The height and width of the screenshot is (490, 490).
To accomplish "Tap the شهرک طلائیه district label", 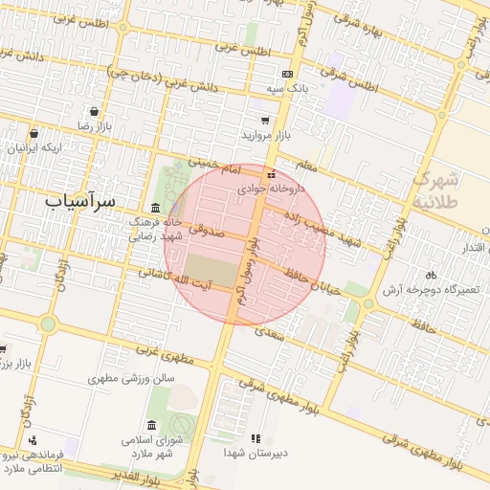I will coord(438,189).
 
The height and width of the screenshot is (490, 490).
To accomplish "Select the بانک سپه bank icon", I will coord(286,74).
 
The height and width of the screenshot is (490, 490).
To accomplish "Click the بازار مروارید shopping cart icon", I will coord(265,122).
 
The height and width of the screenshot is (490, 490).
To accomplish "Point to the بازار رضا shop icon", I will coord(93,110).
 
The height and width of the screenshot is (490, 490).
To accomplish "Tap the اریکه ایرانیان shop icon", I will coord(34,134).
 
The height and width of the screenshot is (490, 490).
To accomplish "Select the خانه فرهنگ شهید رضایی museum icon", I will coord(155,209).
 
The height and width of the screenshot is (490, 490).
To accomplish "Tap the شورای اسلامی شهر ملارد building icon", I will coord(152,426).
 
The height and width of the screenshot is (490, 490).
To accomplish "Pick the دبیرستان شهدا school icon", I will coord(255,438).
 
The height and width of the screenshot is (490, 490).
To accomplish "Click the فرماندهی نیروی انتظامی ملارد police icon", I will coord(33,441).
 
